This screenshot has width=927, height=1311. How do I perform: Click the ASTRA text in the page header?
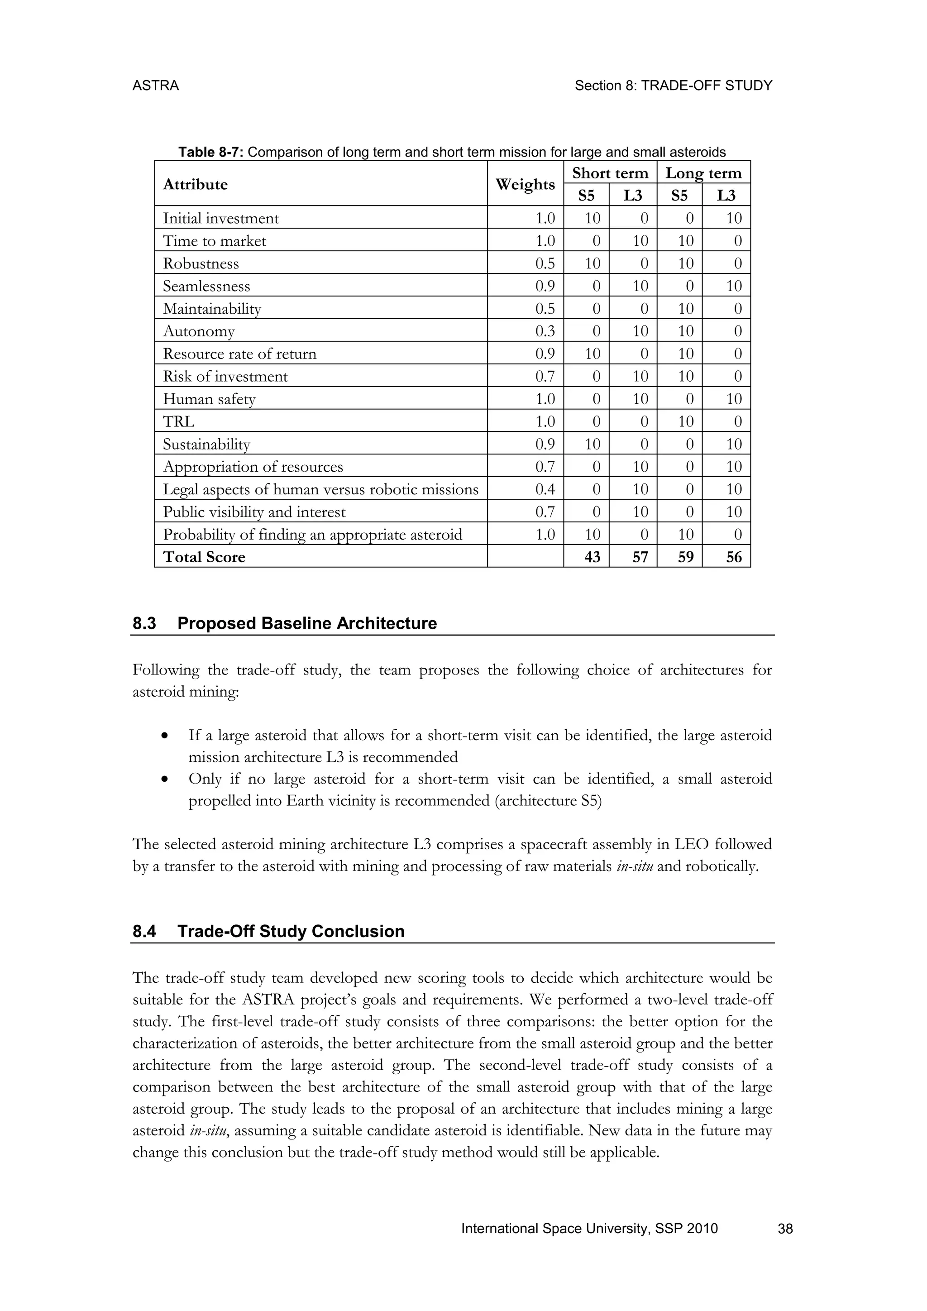[x=155, y=86]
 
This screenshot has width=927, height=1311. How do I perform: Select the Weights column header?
[x=525, y=184]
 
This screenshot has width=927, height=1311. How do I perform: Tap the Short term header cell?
[x=610, y=173]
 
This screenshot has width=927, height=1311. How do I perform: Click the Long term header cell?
[x=703, y=173]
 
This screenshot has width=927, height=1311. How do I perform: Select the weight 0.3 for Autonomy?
[x=545, y=331]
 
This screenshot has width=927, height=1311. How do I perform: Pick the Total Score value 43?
[x=593, y=557]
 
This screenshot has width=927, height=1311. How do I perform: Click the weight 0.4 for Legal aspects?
[x=545, y=489]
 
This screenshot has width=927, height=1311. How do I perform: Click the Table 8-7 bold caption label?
[x=210, y=153]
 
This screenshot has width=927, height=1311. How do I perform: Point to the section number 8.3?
[x=144, y=623]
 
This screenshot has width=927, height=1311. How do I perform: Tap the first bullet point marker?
[x=165, y=736]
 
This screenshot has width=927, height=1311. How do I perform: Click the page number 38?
[x=785, y=1229]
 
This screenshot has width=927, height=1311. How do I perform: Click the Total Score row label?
[x=204, y=557]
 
